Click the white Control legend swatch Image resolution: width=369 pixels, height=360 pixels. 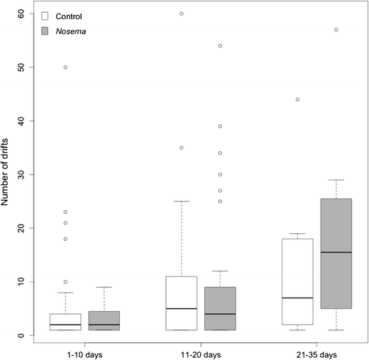45,15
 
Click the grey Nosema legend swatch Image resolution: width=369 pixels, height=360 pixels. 45,30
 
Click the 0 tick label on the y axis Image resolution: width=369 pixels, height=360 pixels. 22,335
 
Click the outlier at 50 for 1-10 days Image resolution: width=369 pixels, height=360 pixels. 65,67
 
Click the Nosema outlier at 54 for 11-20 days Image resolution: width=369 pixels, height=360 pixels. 220,45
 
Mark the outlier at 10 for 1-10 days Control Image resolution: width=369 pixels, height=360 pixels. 65,281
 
